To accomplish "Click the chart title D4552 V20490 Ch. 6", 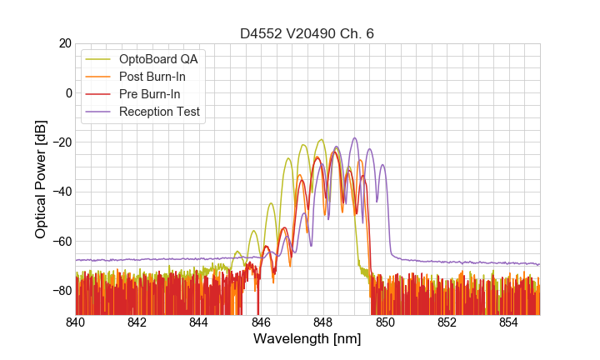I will coord(307,33).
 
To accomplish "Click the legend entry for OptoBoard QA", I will coord(159,59).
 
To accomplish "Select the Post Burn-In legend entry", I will coord(153,77).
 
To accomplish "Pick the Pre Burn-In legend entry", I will coord(150,94).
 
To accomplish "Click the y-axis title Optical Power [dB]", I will coord(41,179).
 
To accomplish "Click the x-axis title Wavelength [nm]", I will coord(307,339).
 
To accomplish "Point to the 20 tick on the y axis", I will coord(62,43).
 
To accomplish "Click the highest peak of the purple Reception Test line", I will coord(354,138).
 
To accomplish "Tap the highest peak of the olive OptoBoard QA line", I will coord(321,140).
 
